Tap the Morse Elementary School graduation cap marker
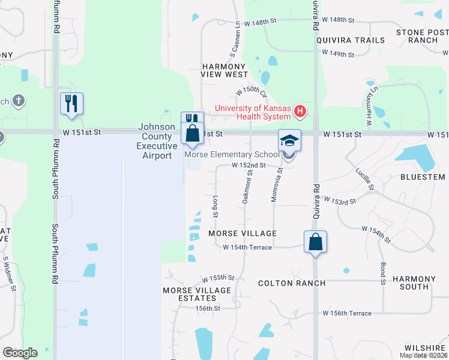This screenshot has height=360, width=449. (x=289, y=141)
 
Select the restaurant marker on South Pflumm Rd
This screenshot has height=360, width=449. (x=71, y=103)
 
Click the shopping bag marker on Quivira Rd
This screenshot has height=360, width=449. (x=315, y=242)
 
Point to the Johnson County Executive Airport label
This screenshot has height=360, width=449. (x=156, y=142)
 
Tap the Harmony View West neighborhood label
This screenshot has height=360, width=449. (x=224, y=70)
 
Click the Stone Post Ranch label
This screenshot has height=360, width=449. (x=422, y=36)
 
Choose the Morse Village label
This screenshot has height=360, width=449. (x=243, y=233)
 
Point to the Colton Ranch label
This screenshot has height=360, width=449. (x=292, y=283)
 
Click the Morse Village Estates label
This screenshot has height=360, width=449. (x=197, y=294)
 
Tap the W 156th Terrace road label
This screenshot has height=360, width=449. (x=347, y=313)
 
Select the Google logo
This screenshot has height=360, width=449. (x=20, y=353)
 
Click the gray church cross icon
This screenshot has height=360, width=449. (x=19, y=100)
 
